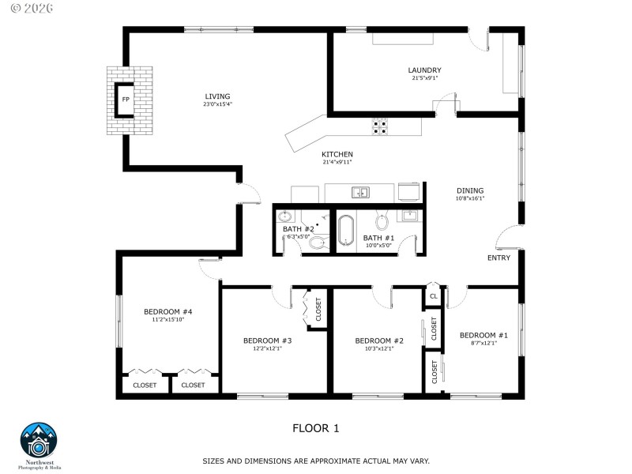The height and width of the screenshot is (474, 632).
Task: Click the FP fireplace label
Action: (x=126, y=100)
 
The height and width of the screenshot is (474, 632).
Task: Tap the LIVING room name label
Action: (x=217, y=96)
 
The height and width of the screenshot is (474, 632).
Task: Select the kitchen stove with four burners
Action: (x=380, y=124)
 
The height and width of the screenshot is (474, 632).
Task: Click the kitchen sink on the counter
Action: (x=360, y=191)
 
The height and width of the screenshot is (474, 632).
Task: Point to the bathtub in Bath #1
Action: (x=347, y=231)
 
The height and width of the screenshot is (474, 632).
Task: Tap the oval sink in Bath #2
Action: (x=285, y=216)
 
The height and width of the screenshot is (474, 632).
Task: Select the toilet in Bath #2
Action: (x=318, y=242)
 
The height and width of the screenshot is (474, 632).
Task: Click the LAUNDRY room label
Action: (x=425, y=70)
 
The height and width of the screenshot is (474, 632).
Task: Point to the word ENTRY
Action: (x=498, y=258)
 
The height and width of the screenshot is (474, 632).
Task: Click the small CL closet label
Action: (x=433, y=296)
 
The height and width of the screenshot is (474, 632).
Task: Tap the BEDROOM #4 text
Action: (x=168, y=311)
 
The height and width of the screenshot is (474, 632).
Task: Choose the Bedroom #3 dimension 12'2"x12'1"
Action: (x=268, y=349)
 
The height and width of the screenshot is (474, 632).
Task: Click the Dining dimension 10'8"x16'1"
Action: (x=469, y=199)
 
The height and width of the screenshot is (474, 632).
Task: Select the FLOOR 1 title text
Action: (x=316, y=429)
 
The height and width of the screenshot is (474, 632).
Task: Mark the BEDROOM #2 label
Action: (x=379, y=340)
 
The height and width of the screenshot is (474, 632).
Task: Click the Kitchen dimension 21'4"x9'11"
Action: (x=337, y=162)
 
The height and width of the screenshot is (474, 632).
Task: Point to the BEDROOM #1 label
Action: (x=483, y=335)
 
